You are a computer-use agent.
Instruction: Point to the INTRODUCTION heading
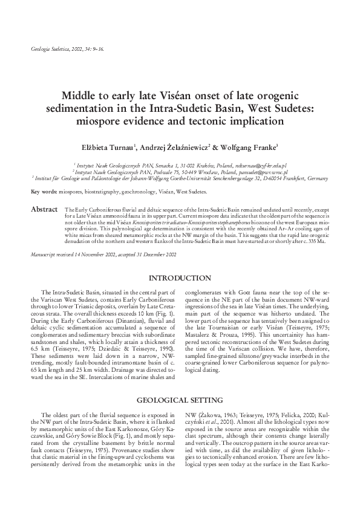point(180,278)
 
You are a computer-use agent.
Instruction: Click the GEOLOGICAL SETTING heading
point(180,401)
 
